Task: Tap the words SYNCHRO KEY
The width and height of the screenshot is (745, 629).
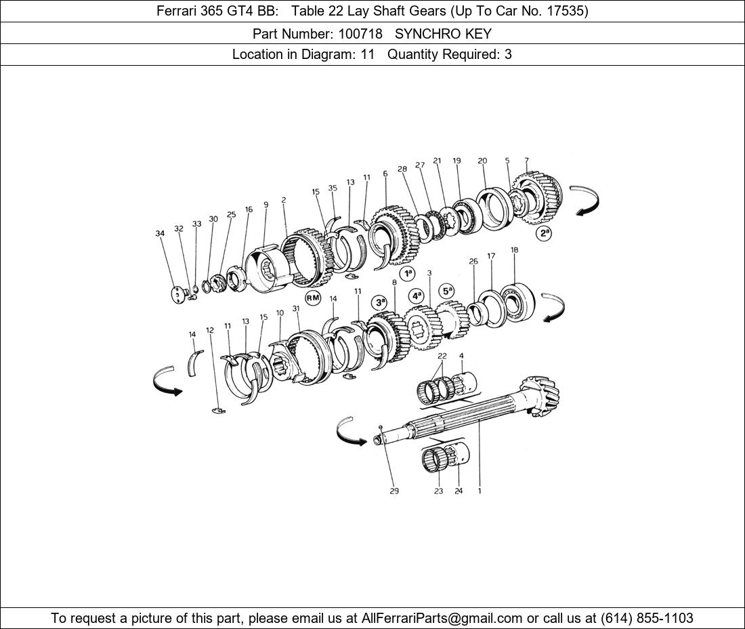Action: click(x=443, y=33)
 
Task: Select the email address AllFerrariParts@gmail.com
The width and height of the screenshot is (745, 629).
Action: click(x=442, y=618)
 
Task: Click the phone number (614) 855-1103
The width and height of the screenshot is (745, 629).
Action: click(x=646, y=618)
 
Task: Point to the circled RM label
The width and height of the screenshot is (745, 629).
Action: click(x=312, y=298)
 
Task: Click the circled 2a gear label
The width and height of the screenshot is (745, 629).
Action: click(x=544, y=234)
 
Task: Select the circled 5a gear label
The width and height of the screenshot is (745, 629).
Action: click(x=447, y=291)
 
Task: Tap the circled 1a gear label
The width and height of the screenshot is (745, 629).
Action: click(x=407, y=273)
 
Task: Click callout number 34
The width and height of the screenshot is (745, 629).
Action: click(x=160, y=234)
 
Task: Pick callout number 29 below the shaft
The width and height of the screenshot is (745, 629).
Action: click(x=394, y=491)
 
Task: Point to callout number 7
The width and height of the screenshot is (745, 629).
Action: click(x=526, y=161)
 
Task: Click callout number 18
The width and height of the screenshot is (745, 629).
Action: click(x=515, y=250)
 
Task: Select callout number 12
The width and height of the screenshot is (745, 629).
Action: click(x=210, y=330)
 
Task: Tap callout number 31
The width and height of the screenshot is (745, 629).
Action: click(x=296, y=308)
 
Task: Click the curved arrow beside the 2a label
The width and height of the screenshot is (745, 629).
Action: click(x=584, y=200)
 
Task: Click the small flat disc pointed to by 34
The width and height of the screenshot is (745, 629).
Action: click(x=177, y=295)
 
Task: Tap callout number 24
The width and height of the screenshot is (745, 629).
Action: click(x=459, y=491)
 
